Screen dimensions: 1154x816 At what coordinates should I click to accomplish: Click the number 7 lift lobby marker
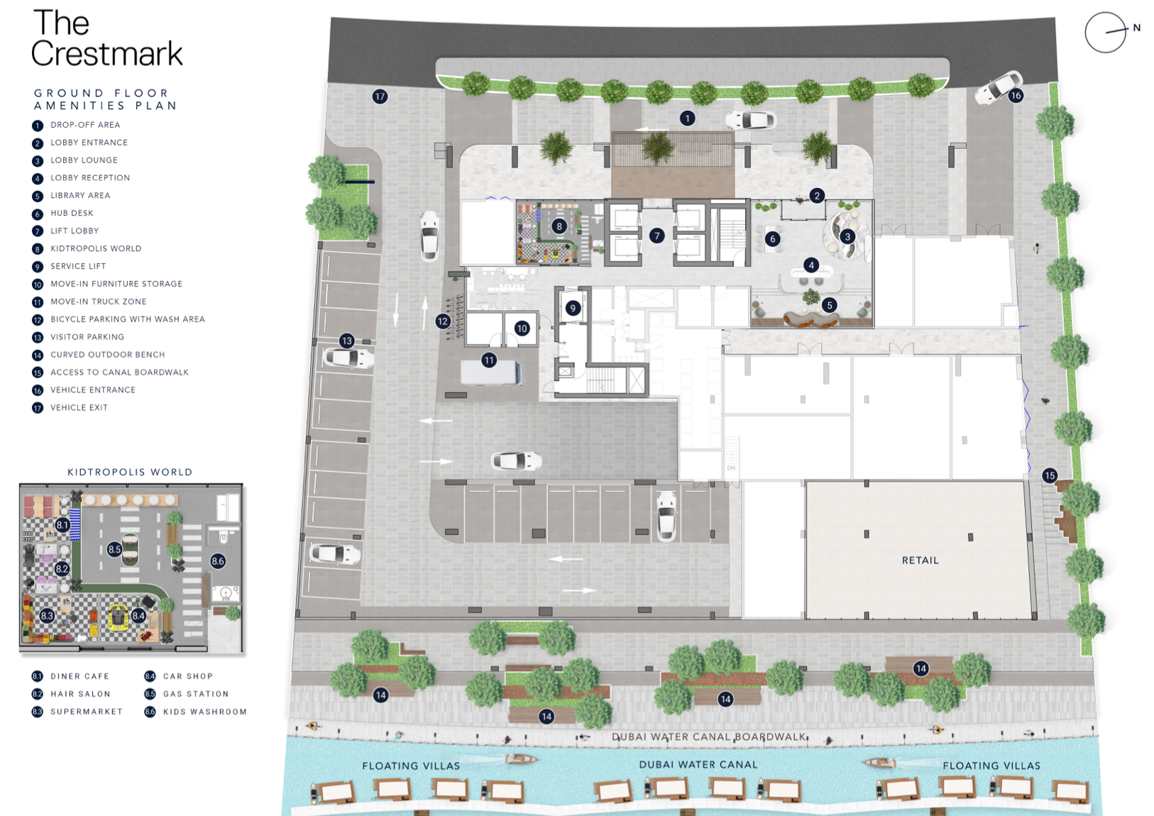pos(656,236)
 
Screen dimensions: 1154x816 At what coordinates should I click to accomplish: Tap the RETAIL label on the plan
pos(920,561)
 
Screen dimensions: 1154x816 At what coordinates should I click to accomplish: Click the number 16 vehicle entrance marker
pos(1016,95)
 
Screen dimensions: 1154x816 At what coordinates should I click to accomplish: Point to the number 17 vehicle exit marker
pos(380,97)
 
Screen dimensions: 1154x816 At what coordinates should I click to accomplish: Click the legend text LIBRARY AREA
pos(80,195)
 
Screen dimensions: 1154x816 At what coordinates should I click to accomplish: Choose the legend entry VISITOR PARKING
pos(87,337)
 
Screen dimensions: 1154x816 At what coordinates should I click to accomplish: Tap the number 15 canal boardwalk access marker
pos(1050,475)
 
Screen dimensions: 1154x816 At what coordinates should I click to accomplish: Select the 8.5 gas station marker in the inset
pos(114,549)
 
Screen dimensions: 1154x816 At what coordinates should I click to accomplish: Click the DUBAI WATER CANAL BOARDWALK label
pos(709,737)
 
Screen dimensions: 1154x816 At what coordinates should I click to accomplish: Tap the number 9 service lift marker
pos(572,309)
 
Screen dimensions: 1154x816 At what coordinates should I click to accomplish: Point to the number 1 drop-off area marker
pos(687,118)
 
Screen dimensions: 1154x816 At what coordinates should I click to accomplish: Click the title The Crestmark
pos(106,38)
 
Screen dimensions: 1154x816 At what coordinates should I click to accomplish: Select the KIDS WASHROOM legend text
pos(205,712)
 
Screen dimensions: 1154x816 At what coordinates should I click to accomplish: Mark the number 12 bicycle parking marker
pos(443,321)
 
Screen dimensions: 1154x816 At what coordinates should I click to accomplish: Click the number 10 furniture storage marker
pos(522,328)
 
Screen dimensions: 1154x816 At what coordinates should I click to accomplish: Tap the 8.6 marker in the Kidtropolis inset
pos(217,561)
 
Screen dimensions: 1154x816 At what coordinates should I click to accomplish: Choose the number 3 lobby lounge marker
pos(847,237)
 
